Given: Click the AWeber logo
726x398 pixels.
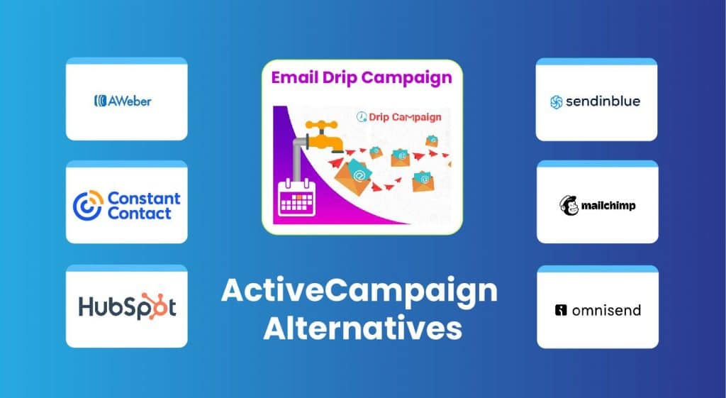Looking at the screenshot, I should tap(123, 101).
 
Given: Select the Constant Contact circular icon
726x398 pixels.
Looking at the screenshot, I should tap(88, 205).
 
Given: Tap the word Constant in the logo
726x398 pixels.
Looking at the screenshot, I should tap(143, 198).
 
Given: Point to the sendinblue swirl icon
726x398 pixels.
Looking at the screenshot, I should tap(557, 102).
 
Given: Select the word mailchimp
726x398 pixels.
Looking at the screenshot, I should tap(609, 206).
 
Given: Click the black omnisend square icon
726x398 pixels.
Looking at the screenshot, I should tap(561, 310).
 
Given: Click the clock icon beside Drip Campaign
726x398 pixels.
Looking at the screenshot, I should tap(362, 117).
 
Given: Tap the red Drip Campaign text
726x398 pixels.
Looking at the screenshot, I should tap(406, 117).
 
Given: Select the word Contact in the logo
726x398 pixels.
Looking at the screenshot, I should tap(140, 213).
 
